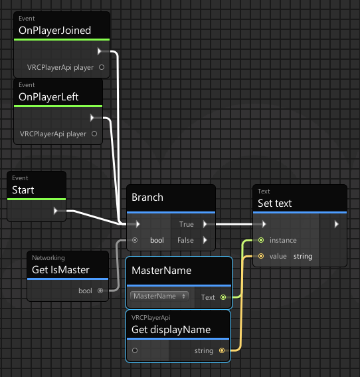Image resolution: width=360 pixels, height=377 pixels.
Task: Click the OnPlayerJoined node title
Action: click(54, 31)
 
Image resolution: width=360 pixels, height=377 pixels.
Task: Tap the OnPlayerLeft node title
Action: click(48, 97)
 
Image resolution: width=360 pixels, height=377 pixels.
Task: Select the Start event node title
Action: click(23, 190)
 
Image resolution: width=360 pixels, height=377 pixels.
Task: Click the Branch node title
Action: click(147, 197)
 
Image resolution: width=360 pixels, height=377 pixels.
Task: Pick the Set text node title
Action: click(275, 203)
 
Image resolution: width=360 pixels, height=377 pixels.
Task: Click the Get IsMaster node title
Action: click(60, 270)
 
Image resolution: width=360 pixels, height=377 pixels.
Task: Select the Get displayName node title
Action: click(171, 330)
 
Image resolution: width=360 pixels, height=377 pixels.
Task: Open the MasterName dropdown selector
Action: click(159, 296)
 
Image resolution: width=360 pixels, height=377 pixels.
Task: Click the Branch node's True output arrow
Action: click(205, 224)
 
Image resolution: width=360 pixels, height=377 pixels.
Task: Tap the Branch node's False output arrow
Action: click(205, 240)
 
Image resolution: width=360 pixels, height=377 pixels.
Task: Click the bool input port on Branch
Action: click(135, 240)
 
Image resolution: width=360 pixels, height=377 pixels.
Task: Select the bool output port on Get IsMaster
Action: click(100, 291)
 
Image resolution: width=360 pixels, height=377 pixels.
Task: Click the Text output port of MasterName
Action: click(223, 297)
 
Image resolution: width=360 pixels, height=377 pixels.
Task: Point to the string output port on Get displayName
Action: click(222, 350)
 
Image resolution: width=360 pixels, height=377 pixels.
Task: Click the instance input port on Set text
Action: click(261, 240)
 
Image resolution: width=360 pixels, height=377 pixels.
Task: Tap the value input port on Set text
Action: click(261, 256)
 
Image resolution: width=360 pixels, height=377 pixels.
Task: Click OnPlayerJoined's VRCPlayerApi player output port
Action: click(102, 67)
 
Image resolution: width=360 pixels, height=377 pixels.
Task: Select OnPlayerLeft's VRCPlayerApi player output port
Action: click(94, 134)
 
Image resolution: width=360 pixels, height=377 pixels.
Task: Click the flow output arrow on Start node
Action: click(56, 211)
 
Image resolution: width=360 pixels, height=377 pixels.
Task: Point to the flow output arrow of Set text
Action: click(337, 224)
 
